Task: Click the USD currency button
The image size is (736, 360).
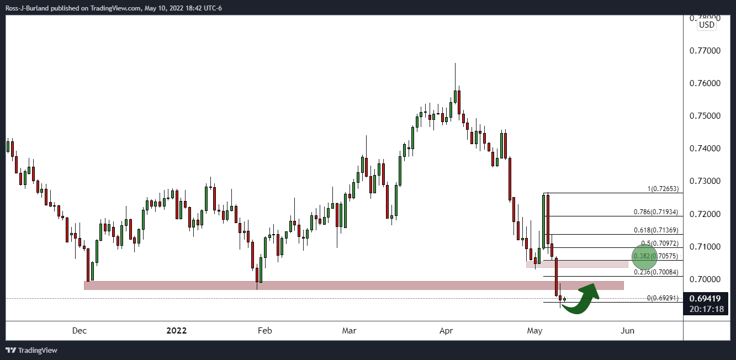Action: [x=706, y=24]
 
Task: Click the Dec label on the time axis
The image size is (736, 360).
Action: [x=80, y=331]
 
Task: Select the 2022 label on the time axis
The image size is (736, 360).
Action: [x=177, y=331]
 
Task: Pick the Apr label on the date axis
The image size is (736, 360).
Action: [x=446, y=331]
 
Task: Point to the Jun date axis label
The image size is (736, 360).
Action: [x=628, y=331]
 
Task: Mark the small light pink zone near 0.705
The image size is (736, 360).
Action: [x=577, y=264]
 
